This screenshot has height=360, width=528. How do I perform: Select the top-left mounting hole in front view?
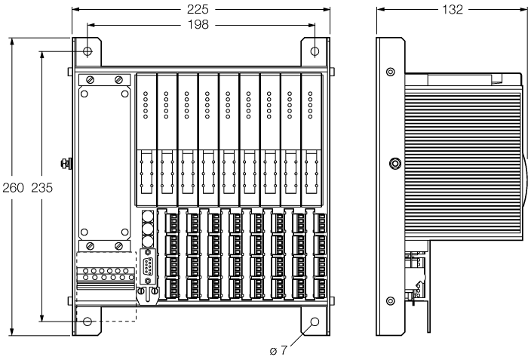[x=88, y=51]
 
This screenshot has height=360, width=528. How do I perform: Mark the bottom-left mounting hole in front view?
[x=88, y=322]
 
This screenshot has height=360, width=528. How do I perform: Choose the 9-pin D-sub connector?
[x=148, y=268]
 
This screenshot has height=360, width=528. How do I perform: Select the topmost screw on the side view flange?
[x=390, y=72]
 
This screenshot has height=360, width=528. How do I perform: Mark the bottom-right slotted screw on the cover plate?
[x=118, y=246]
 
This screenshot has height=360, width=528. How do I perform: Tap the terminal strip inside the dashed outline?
[x=106, y=275]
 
